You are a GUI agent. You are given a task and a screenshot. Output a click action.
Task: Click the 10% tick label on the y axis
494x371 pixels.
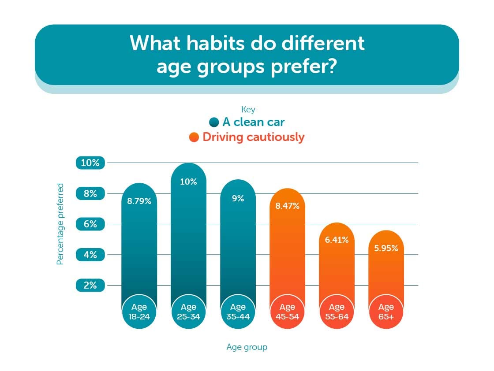coord(90,163)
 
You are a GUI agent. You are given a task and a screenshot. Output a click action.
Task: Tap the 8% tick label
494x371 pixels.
coord(90,193)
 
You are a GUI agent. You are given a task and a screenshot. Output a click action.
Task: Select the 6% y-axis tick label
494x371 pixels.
coord(90,224)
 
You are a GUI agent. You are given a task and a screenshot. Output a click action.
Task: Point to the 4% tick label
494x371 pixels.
coord(90,255)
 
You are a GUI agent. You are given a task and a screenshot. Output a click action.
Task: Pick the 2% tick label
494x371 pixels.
coord(90,285)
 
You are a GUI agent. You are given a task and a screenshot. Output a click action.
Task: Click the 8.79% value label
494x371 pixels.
coord(139,201)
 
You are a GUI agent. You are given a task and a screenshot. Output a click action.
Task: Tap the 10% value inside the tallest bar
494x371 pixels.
coord(188,182)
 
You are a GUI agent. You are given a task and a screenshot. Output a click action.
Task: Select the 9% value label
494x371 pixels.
coord(238,198)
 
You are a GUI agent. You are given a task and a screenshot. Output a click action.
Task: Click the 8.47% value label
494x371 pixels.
coord(287,206)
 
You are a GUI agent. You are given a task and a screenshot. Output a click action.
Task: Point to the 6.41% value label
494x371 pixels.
coord(337,240)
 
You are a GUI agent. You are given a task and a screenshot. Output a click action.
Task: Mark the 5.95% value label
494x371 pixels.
coord(386,248)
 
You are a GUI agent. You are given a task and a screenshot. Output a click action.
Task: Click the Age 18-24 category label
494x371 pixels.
coord(139,311)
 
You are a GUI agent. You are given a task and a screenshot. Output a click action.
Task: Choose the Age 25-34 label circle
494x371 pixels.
coord(188,311)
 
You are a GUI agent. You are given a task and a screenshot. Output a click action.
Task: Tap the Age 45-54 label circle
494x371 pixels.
coord(287,311)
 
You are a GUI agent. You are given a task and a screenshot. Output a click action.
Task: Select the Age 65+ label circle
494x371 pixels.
coord(386,311)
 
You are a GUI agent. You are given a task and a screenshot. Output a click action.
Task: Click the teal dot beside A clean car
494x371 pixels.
coord(214,122)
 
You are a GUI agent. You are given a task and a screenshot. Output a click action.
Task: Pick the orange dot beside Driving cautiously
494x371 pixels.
coord(194,137)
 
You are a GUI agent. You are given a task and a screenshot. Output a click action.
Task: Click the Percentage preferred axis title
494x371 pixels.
coord(60,224)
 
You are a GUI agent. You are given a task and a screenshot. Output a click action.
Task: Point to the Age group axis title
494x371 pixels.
coord(247,347)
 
